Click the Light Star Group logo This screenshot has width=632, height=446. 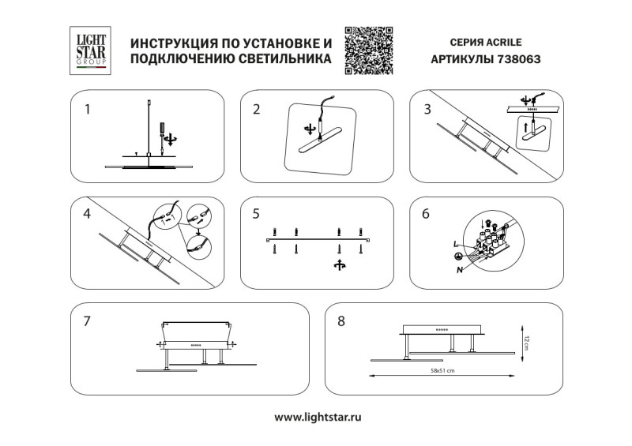click(x=88, y=51)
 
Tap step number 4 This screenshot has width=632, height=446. click(x=88, y=214)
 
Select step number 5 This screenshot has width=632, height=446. click(x=256, y=214)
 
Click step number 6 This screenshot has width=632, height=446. click(x=427, y=214)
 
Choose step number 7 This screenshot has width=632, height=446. click(x=88, y=321)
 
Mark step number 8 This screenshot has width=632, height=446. click(x=341, y=321)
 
